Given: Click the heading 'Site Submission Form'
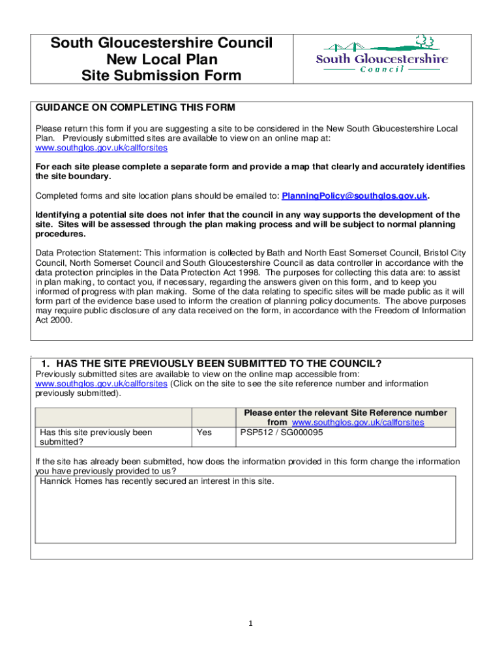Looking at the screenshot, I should click(x=161, y=76).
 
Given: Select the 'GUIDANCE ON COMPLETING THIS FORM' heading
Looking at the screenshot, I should click(x=135, y=107).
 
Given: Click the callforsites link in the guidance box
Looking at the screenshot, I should click(x=100, y=148).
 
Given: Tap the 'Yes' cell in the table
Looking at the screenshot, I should click(x=205, y=433).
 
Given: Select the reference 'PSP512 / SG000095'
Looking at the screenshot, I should click(x=277, y=433).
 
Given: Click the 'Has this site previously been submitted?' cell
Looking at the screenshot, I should click(x=96, y=437).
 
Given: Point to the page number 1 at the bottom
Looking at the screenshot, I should click(x=250, y=624).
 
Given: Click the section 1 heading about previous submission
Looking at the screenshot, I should click(x=211, y=363).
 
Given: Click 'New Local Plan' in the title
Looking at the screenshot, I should click(x=162, y=60).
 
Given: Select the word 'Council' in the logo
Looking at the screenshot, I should click(x=381, y=69).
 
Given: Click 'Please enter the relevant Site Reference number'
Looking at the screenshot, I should click(x=346, y=413).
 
